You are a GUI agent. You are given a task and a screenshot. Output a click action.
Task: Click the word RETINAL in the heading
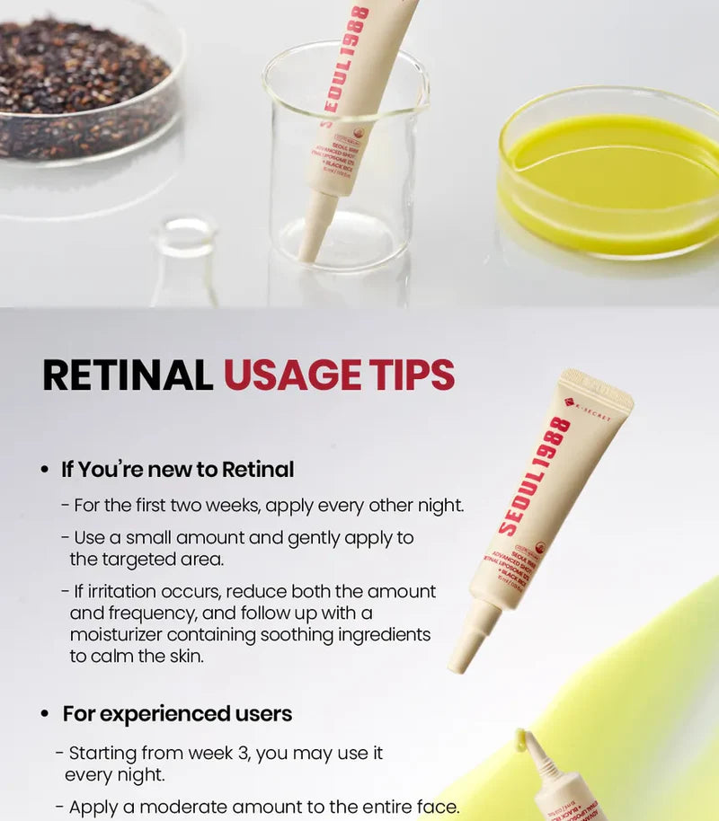pyautogui.click(x=128, y=375)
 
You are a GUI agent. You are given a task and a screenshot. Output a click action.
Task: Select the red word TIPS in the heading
pyautogui.click(x=409, y=375)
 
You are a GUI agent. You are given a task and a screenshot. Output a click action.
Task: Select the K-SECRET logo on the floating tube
pyautogui.click(x=588, y=411)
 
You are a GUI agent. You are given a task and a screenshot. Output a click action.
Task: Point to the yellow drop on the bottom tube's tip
pyautogui.click(x=520, y=737)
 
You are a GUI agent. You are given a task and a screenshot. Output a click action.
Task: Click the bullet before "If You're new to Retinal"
pyautogui.click(x=45, y=470)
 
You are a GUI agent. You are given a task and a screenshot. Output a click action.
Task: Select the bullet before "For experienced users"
pyautogui.click(x=45, y=715)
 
